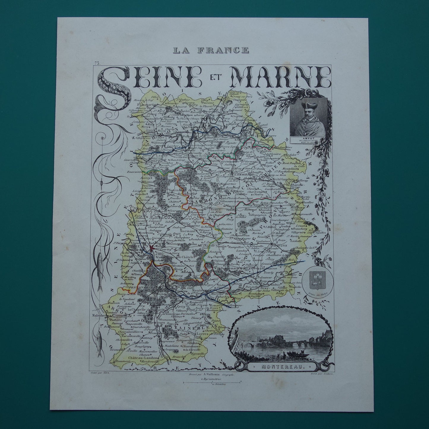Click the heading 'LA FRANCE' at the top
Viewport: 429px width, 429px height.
[x=211, y=50]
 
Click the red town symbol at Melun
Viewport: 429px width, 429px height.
[x=152, y=247]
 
